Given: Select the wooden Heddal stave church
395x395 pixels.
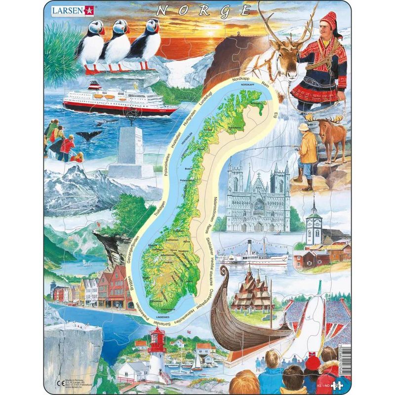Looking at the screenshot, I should pos(253,294).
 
